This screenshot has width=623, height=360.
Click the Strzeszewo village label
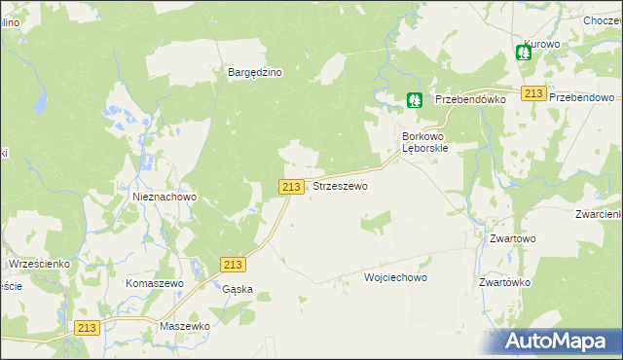point(340,186)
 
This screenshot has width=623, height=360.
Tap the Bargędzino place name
point(255,72)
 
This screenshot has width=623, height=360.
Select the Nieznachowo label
point(165,197)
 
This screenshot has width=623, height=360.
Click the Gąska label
point(238,289)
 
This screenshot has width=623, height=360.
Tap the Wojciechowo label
point(395,277)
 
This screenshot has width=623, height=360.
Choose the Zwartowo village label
point(513,238)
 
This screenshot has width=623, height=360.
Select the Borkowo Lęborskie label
point(425,143)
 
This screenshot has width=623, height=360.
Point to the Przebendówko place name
point(469,99)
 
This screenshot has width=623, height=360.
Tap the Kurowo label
point(541,45)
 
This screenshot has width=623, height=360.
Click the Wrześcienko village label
point(38,264)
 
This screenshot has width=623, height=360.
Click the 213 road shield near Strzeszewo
point(291,186)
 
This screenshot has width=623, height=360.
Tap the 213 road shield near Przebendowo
point(532,92)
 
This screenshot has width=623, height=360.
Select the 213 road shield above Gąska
point(233,265)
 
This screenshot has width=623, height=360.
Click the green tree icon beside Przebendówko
point(415,99)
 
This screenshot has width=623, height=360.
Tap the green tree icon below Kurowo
point(524,54)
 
